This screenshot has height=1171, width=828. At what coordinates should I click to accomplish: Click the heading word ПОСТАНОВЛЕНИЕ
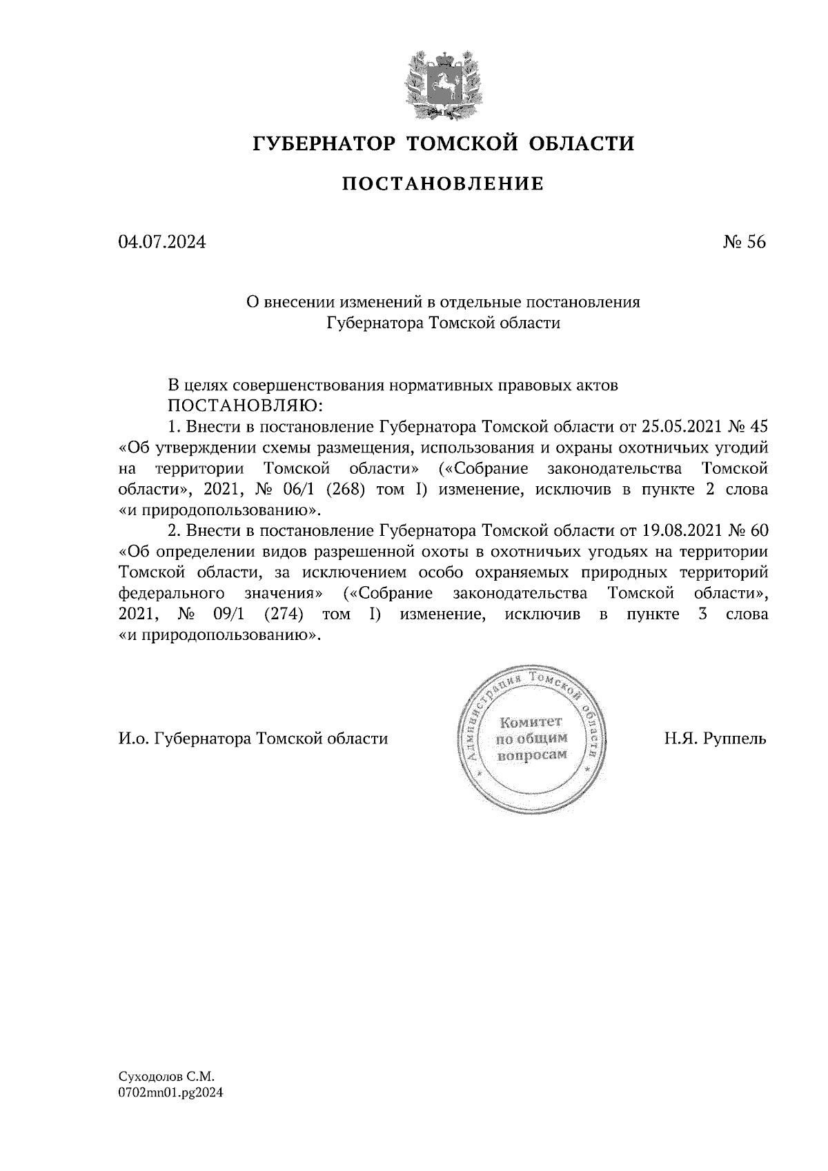[443, 183]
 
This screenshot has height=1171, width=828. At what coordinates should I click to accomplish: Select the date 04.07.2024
[161, 242]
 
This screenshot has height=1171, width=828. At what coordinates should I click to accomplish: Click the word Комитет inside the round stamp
[531, 722]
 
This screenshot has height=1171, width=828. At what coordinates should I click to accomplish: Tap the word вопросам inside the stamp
[532, 754]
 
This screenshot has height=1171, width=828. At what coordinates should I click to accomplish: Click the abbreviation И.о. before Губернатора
[134, 739]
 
